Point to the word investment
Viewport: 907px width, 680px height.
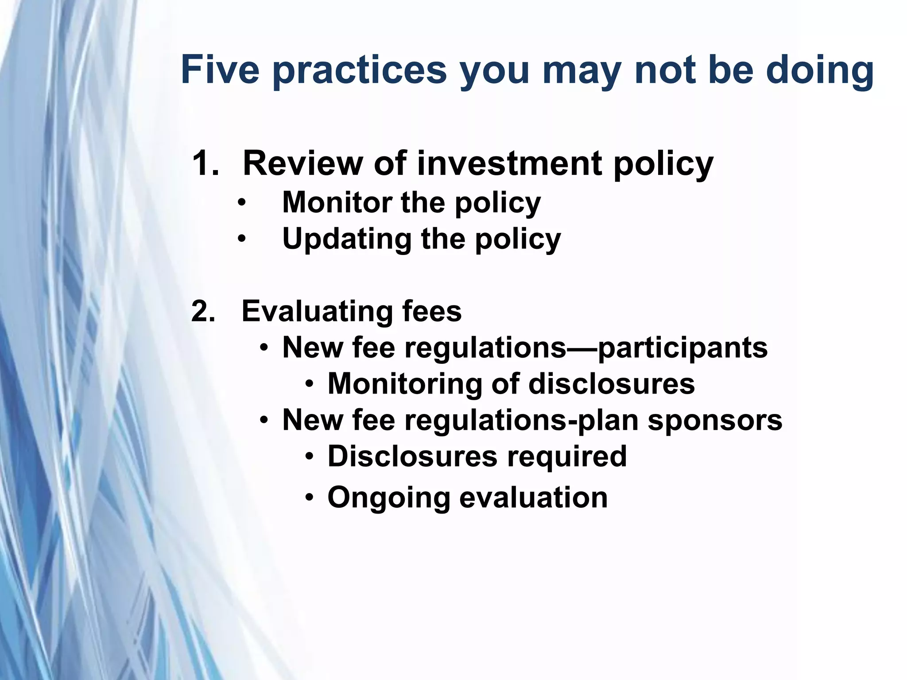[509, 163]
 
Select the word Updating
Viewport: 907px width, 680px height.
[346, 240]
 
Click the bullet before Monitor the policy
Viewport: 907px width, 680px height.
[241, 203]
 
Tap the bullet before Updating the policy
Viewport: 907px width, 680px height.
[241, 240]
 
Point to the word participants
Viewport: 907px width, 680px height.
[682, 348]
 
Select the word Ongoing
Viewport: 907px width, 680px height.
[388, 498]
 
